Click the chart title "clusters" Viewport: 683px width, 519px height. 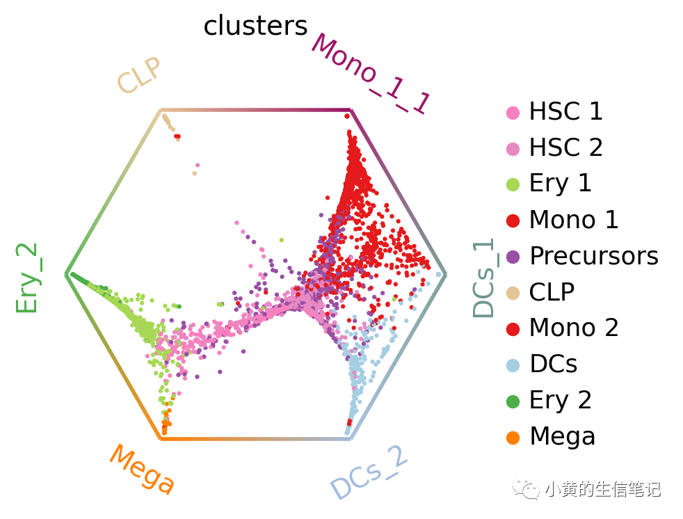(255, 26)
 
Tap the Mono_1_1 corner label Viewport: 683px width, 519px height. (371, 73)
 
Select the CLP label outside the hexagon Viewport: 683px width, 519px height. (139, 75)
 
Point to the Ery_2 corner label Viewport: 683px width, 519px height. (26, 278)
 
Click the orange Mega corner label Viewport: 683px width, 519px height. (143, 469)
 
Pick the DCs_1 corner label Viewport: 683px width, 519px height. (484, 278)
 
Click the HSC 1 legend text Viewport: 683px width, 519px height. (565, 111)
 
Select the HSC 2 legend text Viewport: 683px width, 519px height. (565, 147)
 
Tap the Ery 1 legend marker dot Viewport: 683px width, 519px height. (513, 185)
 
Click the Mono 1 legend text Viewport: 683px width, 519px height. (574, 219)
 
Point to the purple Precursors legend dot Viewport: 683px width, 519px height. (513, 257)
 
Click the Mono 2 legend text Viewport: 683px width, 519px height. (574, 328)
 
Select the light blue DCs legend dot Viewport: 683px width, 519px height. (513, 365)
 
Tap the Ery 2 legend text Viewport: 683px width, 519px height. (560, 401)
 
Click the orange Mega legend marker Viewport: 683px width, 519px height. (513, 438)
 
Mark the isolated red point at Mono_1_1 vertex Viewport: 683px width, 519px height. (347, 116)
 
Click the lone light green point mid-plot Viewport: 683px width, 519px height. (282, 240)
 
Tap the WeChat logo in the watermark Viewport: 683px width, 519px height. (527, 489)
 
